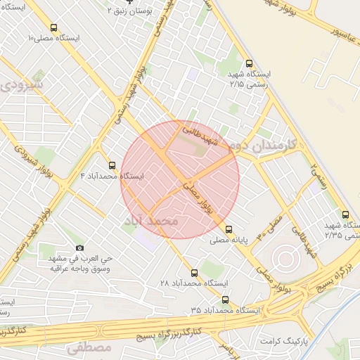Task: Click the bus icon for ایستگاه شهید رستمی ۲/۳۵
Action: (x=345, y=214)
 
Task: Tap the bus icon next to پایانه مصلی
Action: (x=229, y=229)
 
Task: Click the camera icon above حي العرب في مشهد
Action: (x=79, y=247)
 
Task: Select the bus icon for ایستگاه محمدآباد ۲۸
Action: (x=195, y=271)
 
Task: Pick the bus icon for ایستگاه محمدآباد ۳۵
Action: (x=224, y=299)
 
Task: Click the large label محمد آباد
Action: (x=152, y=221)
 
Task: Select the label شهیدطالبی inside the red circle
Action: (x=202, y=136)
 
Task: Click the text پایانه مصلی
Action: (x=230, y=240)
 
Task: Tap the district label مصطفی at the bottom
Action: (x=90, y=347)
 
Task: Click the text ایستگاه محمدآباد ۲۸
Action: (x=195, y=283)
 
